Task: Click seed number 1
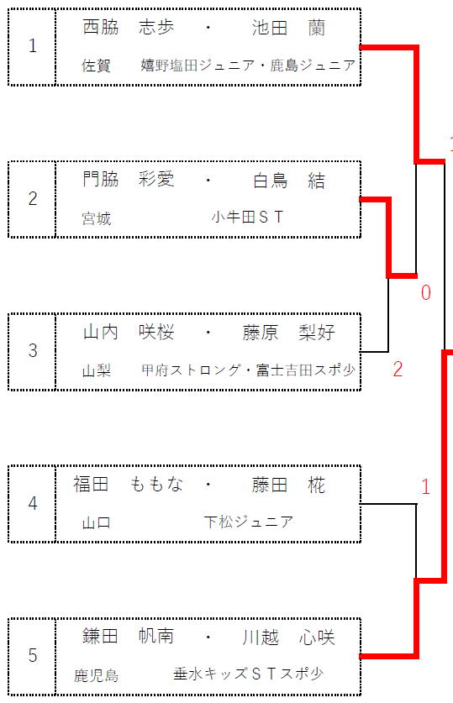click(x=32, y=45)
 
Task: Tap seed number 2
click(x=32, y=198)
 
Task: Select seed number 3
click(x=32, y=350)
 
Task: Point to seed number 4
click(x=32, y=503)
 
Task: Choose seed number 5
click(x=32, y=655)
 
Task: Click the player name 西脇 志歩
click(x=129, y=28)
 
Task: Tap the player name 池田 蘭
click(x=288, y=28)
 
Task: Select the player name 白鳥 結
click(x=289, y=181)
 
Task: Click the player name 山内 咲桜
click(x=129, y=333)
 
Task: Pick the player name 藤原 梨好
click(x=289, y=333)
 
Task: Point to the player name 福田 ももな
click(x=129, y=485)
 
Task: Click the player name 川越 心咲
click(x=289, y=637)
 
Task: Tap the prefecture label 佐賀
click(x=96, y=66)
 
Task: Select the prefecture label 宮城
click(x=96, y=218)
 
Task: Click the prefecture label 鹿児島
click(x=96, y=675)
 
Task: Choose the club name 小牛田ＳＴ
click(x=248, y=217)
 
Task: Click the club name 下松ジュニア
click(x=249, y=522)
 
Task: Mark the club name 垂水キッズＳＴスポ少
click(x=249, y=674)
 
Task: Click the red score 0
click(x=425, y=292)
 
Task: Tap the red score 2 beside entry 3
click(x=398, y=369)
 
